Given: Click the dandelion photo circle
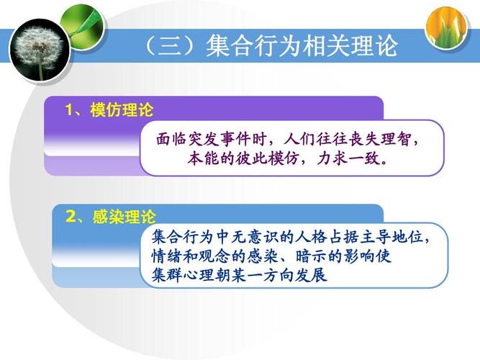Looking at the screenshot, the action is coord(40,50).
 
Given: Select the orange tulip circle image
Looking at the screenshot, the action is coord(447,27).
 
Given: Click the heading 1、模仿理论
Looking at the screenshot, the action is coord(109,109).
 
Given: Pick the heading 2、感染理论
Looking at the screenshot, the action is coord(111,217).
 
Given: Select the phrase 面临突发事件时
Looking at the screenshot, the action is coord(212,140).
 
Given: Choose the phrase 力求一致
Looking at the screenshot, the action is coord(348,158).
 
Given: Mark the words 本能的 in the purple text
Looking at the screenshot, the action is coord(211,158).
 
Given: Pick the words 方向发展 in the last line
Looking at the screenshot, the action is coord(295,275).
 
